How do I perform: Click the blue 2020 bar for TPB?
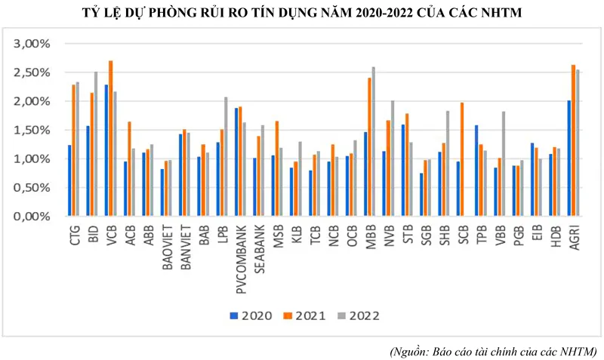click(476, 171)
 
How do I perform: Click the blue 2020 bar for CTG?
click(69, 180)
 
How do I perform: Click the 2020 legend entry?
click(248, 315)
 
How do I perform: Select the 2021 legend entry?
click(302, 315)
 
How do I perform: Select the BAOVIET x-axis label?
click(168, 248)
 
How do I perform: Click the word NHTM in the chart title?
click(499, 13)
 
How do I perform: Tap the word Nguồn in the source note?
click(414, 351)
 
